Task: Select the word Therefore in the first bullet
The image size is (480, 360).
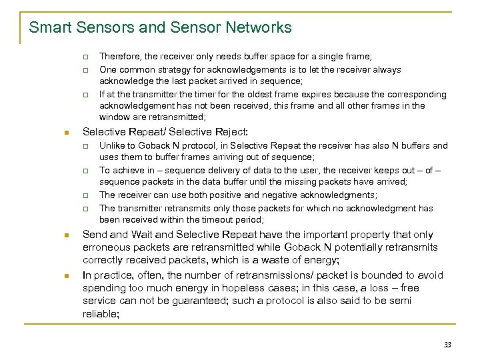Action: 120,58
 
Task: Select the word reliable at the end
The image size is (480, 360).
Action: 100,313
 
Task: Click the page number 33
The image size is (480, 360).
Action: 447,345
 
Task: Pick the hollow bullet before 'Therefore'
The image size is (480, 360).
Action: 85,58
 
